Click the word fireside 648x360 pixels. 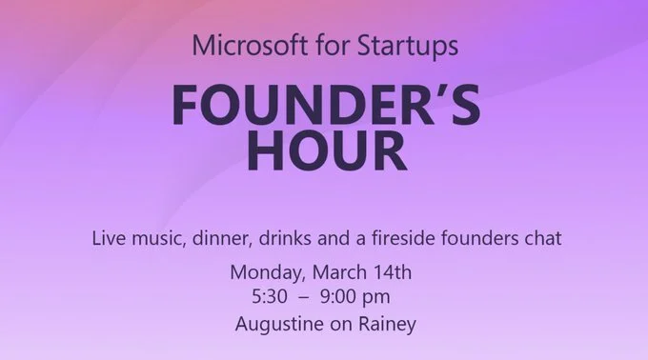click(403, 237)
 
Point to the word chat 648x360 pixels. click(537, 237)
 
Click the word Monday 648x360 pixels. click(264, 272)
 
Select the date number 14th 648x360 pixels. click(390, 272)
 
